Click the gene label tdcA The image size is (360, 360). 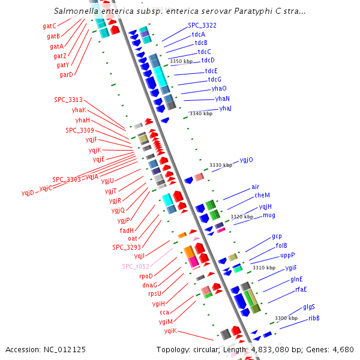198,34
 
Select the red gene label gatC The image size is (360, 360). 49,26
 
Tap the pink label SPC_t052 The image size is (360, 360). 136,266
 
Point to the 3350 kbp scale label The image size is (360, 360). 181,61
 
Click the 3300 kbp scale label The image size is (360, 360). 286,318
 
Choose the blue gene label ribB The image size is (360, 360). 314,318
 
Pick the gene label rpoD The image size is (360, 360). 146,276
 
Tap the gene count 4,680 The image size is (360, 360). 342,349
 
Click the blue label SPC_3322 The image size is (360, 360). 202,25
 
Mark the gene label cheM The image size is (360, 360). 262,195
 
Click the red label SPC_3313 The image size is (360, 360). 68,100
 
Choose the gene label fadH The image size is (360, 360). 127,230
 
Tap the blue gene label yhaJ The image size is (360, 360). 225,108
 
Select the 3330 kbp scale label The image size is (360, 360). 220,165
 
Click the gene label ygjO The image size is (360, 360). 246,160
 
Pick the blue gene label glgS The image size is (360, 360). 309,307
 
